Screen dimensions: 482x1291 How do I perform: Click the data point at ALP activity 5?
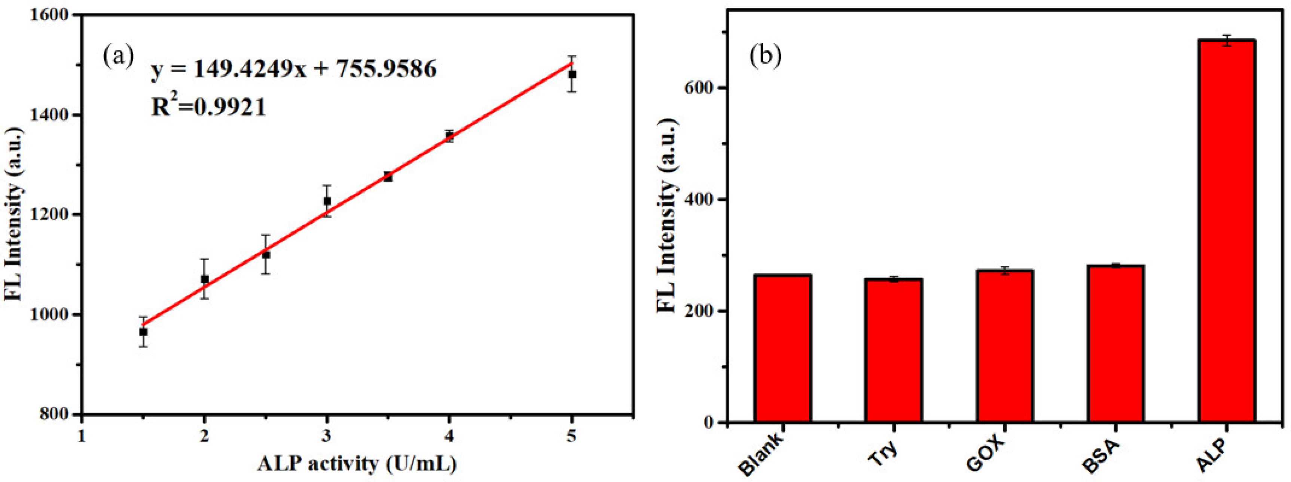[572, 74]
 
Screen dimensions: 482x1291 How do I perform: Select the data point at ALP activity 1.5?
[143, 332]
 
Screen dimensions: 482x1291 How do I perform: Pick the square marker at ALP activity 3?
[327, 201]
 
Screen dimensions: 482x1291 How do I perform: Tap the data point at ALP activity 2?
[204, 279]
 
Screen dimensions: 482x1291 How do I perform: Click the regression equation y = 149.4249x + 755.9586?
[294, 69]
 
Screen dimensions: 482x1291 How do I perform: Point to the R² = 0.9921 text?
[208, 107]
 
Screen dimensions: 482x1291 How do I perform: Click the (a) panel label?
[118, 56]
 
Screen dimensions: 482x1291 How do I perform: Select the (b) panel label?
[765, 56]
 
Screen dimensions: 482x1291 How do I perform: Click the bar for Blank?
[783, 348]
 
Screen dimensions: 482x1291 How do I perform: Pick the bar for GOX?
[1005, 346]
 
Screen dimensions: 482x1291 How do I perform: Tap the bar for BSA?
[1115, 344]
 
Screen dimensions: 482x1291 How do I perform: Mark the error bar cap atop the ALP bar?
[1226, 50]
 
